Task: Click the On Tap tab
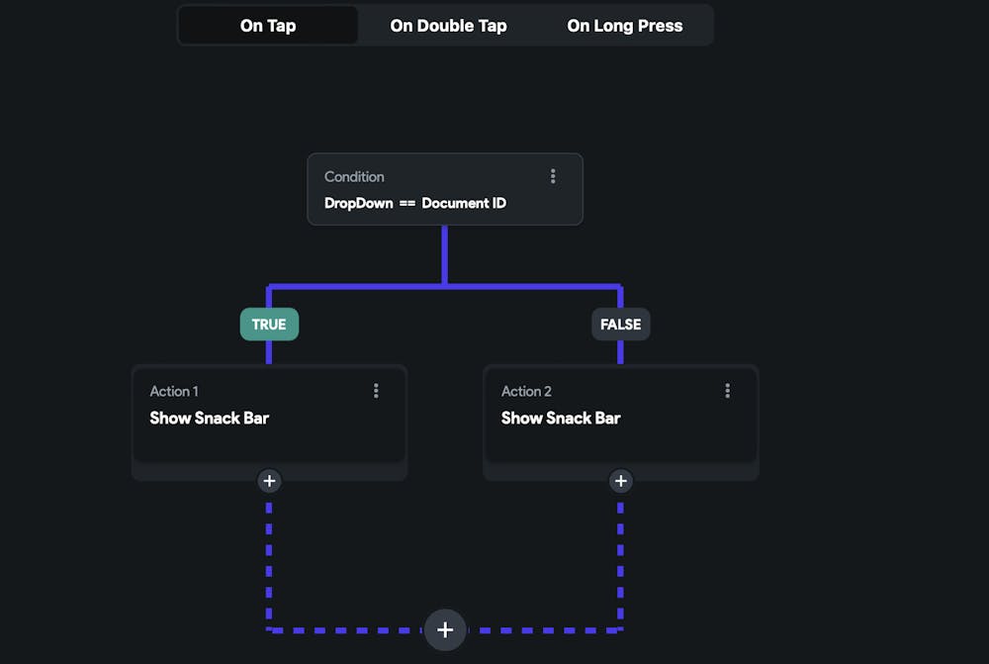[x=268, y=26]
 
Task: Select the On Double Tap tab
[x=448, y=26]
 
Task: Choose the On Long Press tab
[x=624, y=26]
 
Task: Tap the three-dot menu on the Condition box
[x=553, y=176]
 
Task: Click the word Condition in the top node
[x=354, y=176]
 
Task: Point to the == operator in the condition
[x=407, y=203]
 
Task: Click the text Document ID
[x=464, y=203]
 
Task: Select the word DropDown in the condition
[x=358, y=203]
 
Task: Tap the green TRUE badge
[x=269, y=325]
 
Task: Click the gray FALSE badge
[x=621, y=325]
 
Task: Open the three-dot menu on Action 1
[x=376, y=391]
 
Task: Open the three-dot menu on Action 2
[x=728, y=391]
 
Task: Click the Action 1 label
[x=174, y=391]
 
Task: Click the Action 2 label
[x=526, y=391]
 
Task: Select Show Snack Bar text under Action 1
[x=209, y=418]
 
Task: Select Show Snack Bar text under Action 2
[x=561, y=418]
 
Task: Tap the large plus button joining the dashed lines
[x=445, y=629]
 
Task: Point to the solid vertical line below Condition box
[x=444, y=255]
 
